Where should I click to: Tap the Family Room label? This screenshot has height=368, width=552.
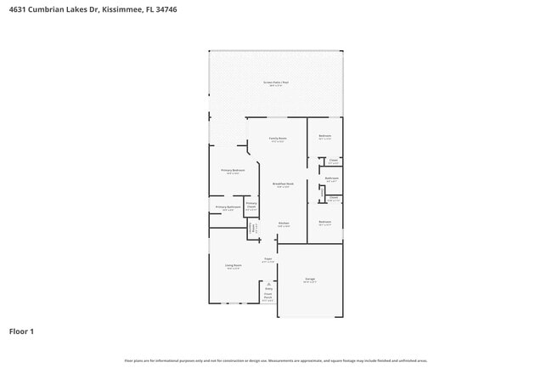point(278,139)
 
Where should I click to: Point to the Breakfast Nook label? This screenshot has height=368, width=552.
point(283,184)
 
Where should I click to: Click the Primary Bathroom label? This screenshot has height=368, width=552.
point(228,207)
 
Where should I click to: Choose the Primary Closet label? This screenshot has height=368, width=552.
point(251,205)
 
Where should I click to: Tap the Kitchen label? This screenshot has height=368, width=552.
point(284,224)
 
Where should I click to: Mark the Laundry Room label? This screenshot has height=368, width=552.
point(252,227)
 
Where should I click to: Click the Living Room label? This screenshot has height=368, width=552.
point(234,266)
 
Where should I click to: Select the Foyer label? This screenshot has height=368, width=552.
point(268,259)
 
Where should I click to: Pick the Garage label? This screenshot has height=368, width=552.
point(311,279)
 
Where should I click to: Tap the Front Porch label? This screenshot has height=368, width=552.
point(268,297)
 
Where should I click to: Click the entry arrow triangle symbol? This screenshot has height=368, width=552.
point(268,284)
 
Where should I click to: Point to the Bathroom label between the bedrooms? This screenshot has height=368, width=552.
point(332,178)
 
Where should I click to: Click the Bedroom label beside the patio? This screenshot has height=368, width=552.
point(325,137)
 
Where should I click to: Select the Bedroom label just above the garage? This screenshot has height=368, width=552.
point(325,222)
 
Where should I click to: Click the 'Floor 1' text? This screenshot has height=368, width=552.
point(21,331)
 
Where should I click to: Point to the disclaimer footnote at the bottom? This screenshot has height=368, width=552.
point(276,360)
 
